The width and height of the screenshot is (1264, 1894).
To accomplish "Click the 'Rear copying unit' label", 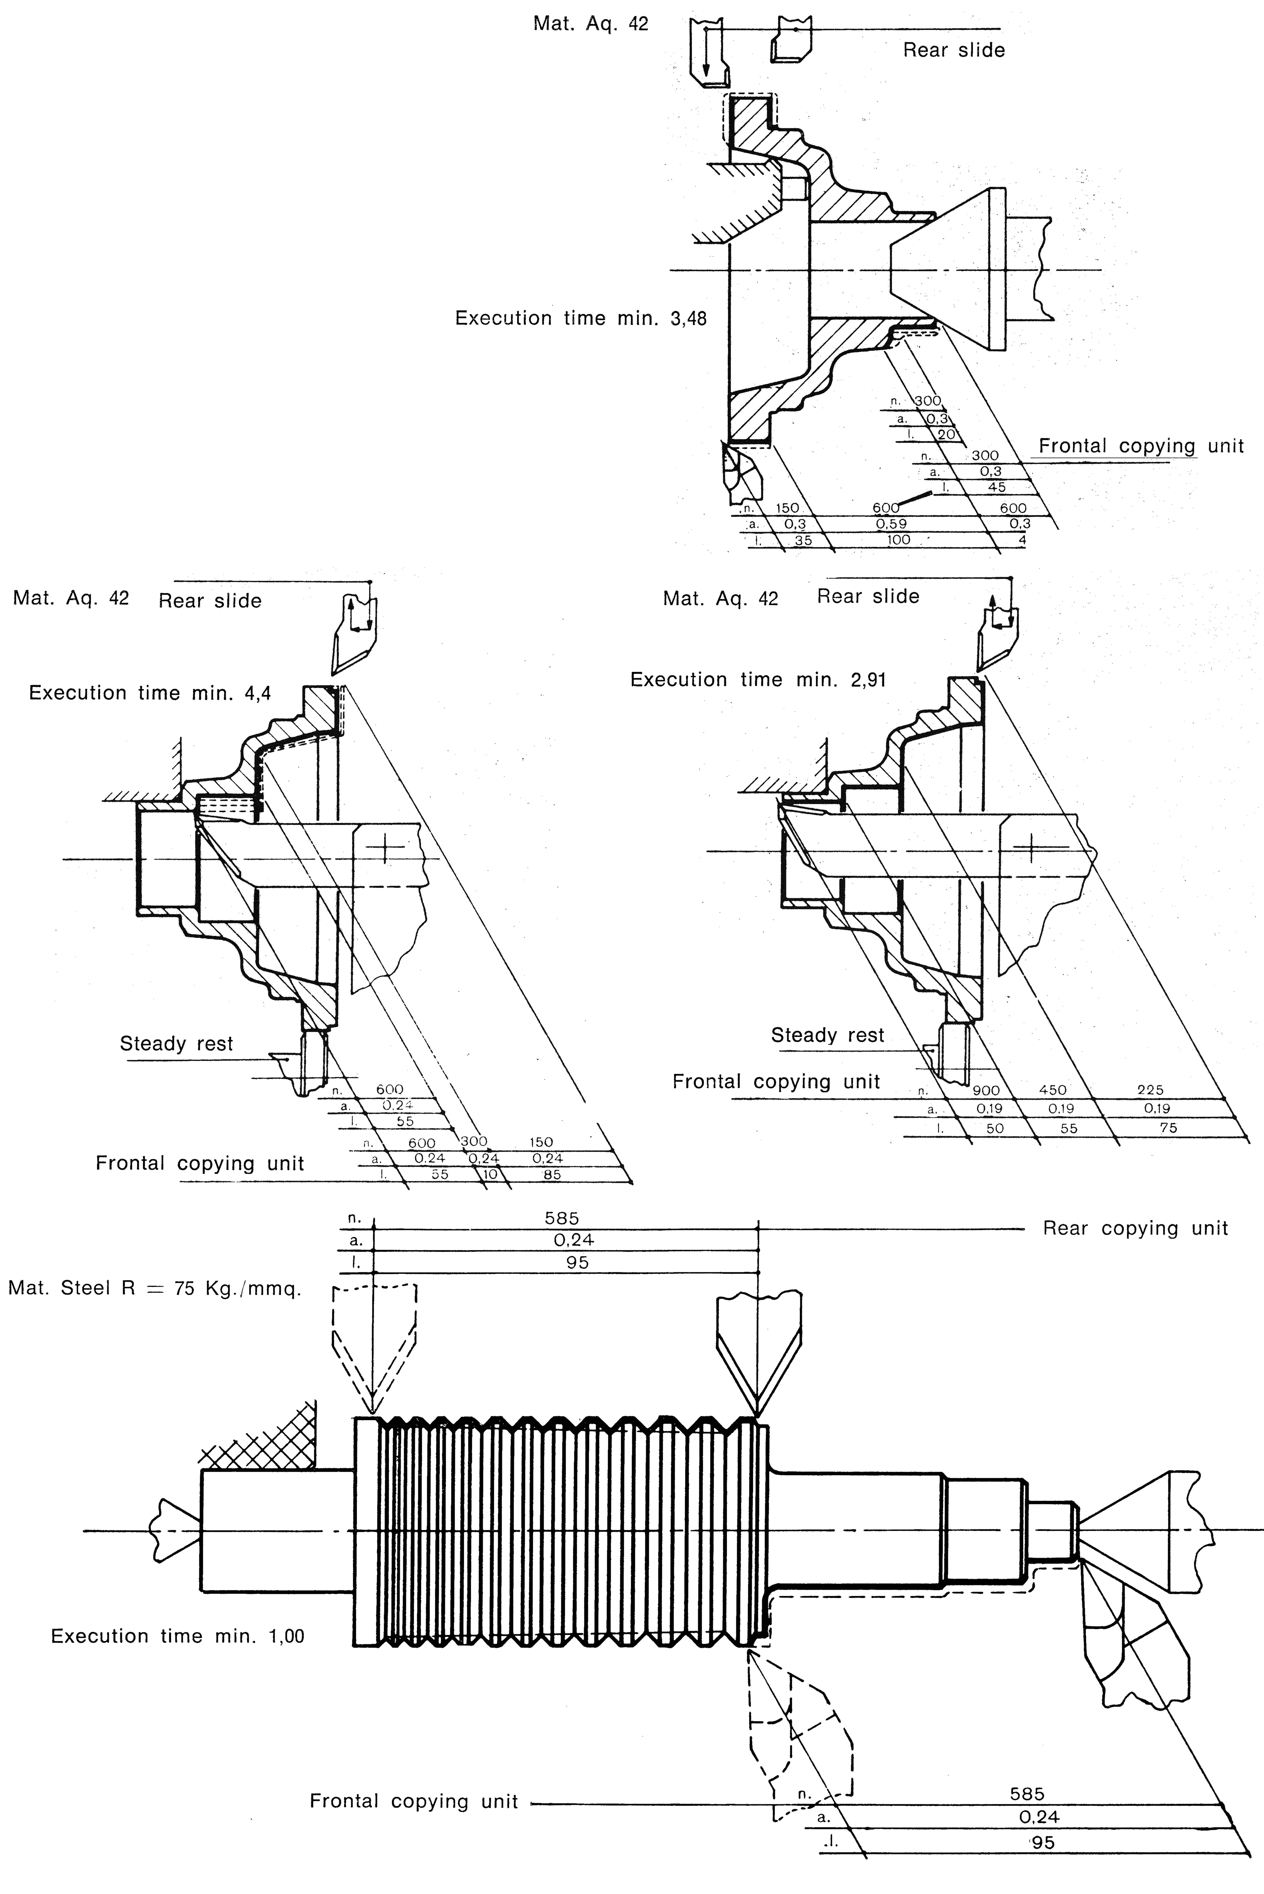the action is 1135,1229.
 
